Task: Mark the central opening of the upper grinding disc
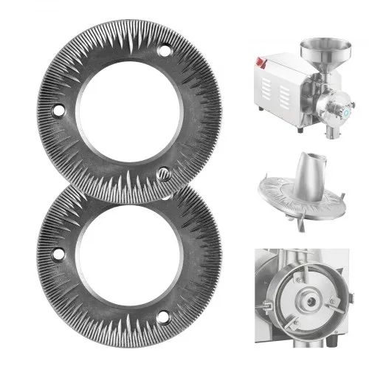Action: [117, 111]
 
